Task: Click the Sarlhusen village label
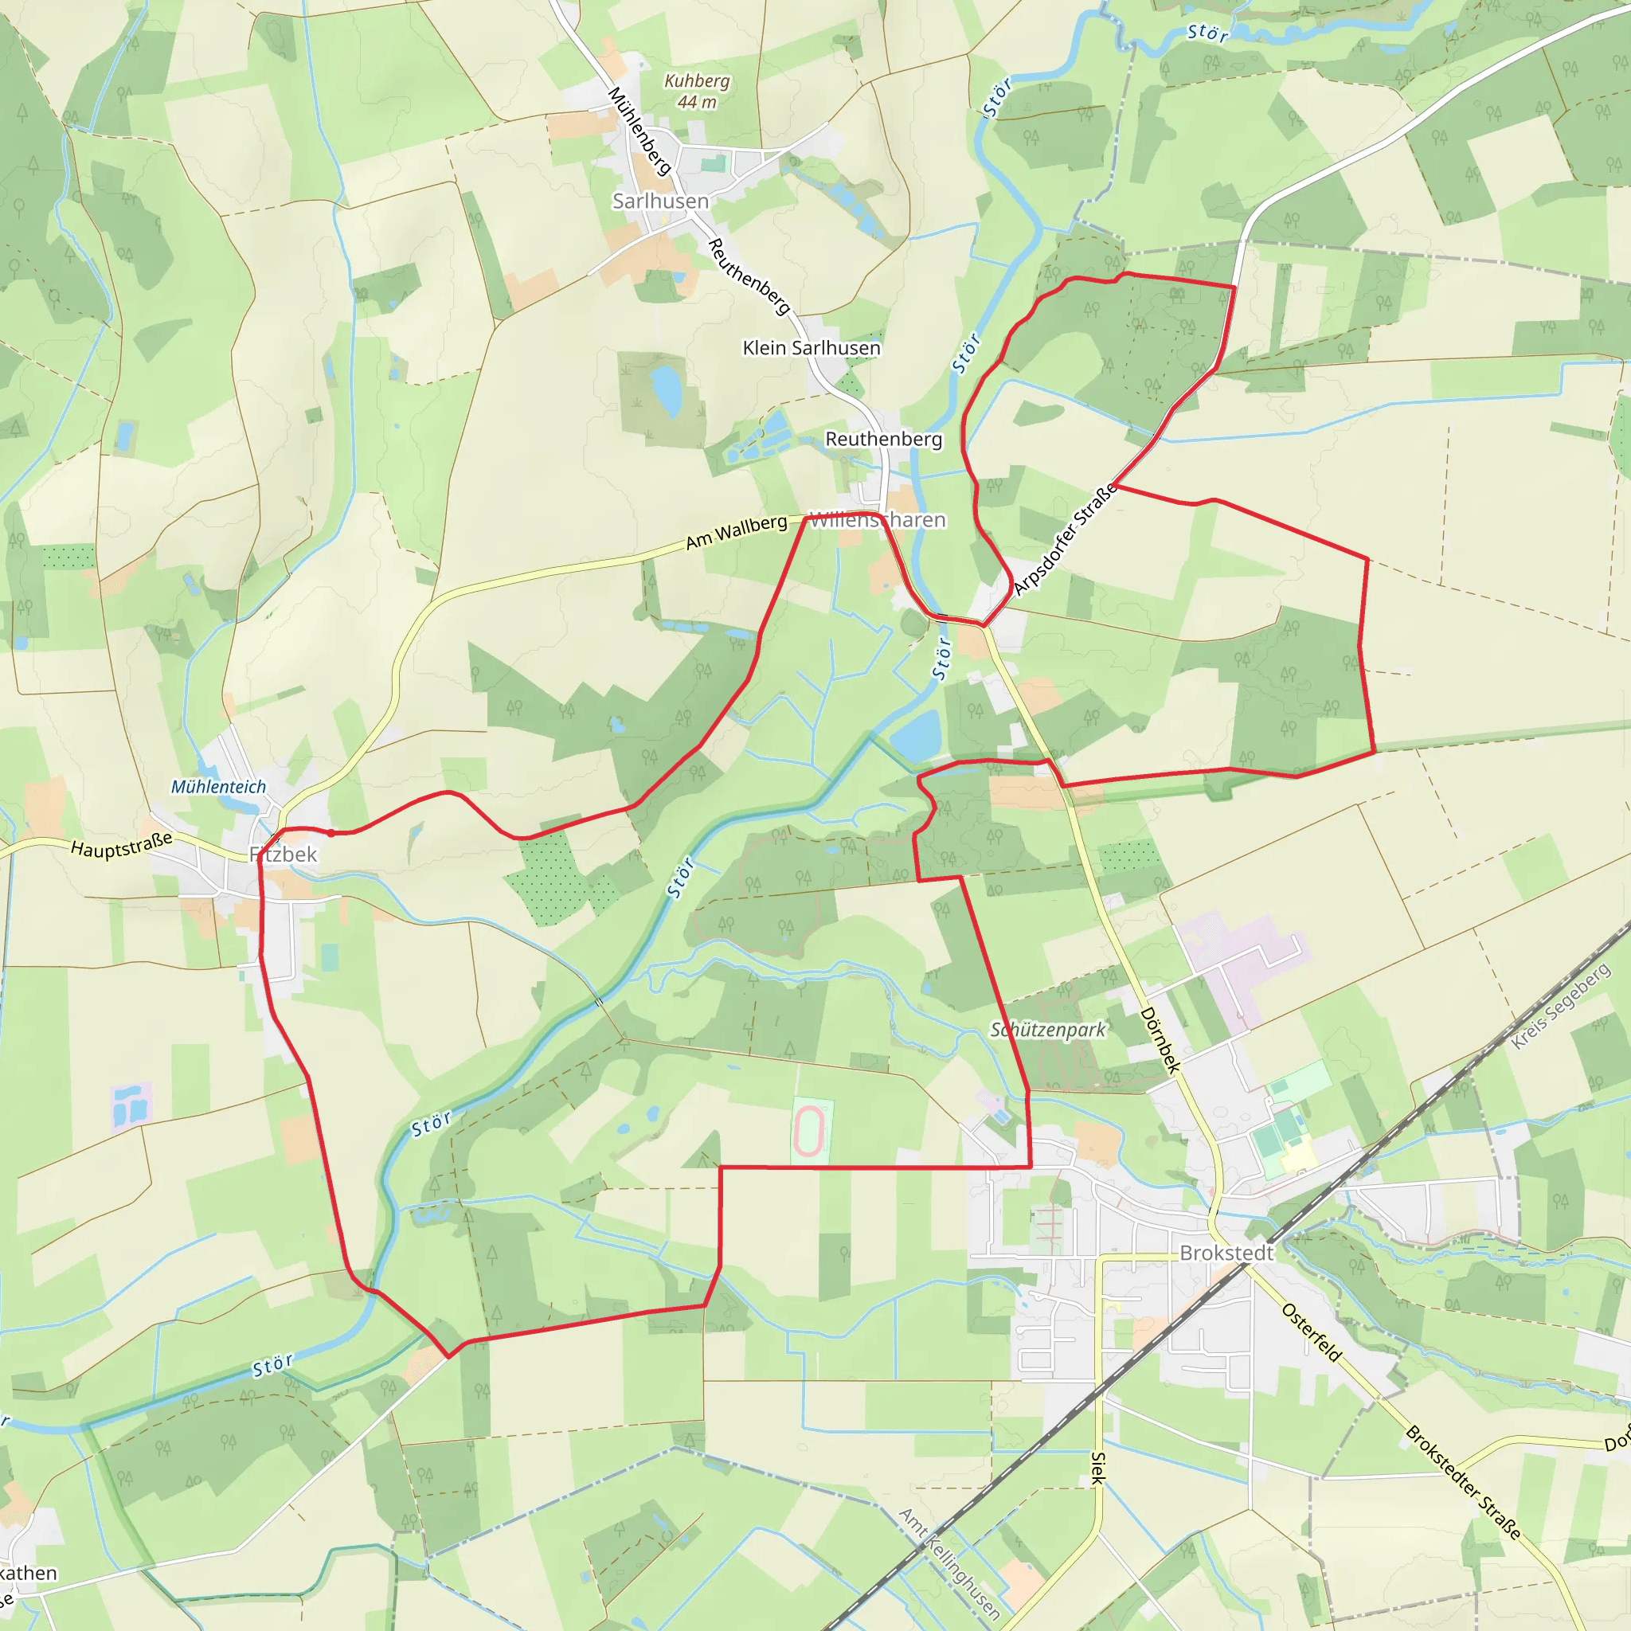[x=660, y=201]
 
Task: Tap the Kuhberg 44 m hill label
[x=697, y=91]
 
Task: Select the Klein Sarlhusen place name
[x=812, y=348]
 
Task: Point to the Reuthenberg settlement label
[x=883, y=439]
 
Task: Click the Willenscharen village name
[x=877, y=520]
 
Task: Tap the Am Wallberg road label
[x=736, y=532]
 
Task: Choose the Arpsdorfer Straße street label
[x=1066, y=541]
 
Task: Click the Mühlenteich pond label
[x=219, y=787]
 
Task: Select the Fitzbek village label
[x=284, y=855]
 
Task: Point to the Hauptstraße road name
[x=122, y=844]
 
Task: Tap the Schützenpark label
[x=1048, y=1030]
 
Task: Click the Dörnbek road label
[x=1160, y=1040]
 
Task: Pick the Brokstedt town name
[x=1226, y=1253]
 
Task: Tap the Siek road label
[x=1098, y=1468]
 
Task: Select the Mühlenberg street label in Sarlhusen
[x=640, y=131]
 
